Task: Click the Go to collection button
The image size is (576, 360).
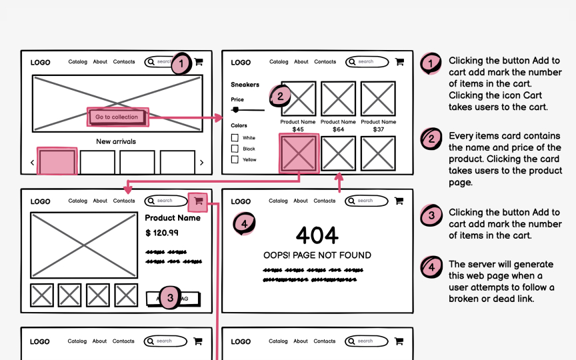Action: coord(117,117)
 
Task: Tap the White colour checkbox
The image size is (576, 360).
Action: coord(235,138)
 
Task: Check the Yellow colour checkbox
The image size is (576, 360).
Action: coord(235,159)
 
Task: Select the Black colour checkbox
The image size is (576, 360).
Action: coord(235,149)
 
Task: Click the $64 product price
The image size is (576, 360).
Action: coord(338,129)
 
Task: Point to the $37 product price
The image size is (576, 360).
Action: coord(378,129)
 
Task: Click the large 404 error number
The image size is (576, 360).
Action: coord(317,235)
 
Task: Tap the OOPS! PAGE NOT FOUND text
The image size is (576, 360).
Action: coord(317,255)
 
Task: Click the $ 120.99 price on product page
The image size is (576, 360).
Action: coord(162,233)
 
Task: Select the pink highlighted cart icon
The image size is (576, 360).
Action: coord(198,201)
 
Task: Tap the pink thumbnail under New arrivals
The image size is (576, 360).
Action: coord(57,162)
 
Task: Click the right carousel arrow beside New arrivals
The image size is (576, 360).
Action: coord(202,163)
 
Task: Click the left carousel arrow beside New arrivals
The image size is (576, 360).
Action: coord(32,163)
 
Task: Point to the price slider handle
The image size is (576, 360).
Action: coord(235,109)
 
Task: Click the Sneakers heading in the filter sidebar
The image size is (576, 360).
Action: coord(245,85)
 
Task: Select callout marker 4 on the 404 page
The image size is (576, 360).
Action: coord(244,224)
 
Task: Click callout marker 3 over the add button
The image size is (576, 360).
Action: coord(170,298)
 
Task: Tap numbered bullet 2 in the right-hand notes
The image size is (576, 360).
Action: coord(431,139)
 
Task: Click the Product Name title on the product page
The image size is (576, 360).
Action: coord(172,218)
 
